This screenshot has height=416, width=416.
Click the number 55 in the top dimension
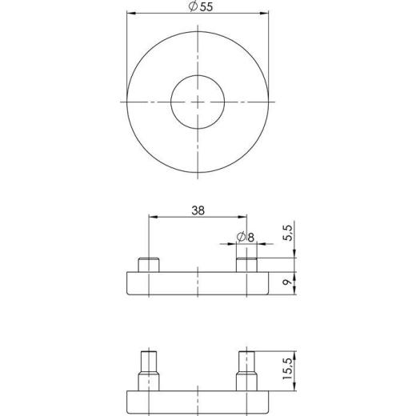click(206, 7)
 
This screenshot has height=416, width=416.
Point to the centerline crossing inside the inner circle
click(198, 102)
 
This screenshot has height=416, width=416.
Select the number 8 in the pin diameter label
click(250, 237)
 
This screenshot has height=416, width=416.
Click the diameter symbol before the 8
click(241, 237)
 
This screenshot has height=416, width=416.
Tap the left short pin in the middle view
click(147, 265)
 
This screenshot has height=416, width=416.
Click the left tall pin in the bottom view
click(147, 372)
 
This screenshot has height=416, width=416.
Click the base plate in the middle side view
click(198, 284)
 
